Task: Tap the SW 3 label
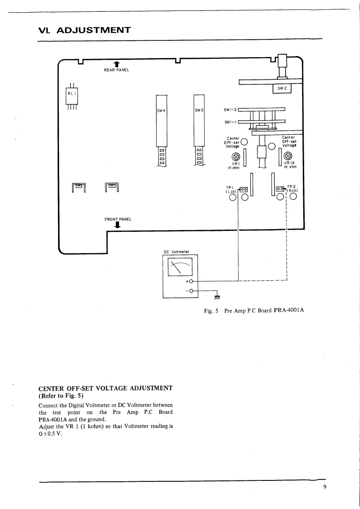click(199, 110)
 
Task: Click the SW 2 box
click(281, 88)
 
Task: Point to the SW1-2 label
click(230, 109)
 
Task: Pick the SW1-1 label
click(230, 122)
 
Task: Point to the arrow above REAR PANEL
click(117, 64)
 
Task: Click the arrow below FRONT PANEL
click(118, 225)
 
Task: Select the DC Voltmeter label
click(176, 252)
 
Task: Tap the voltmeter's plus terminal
click(191, 281)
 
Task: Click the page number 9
click(325, 487)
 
